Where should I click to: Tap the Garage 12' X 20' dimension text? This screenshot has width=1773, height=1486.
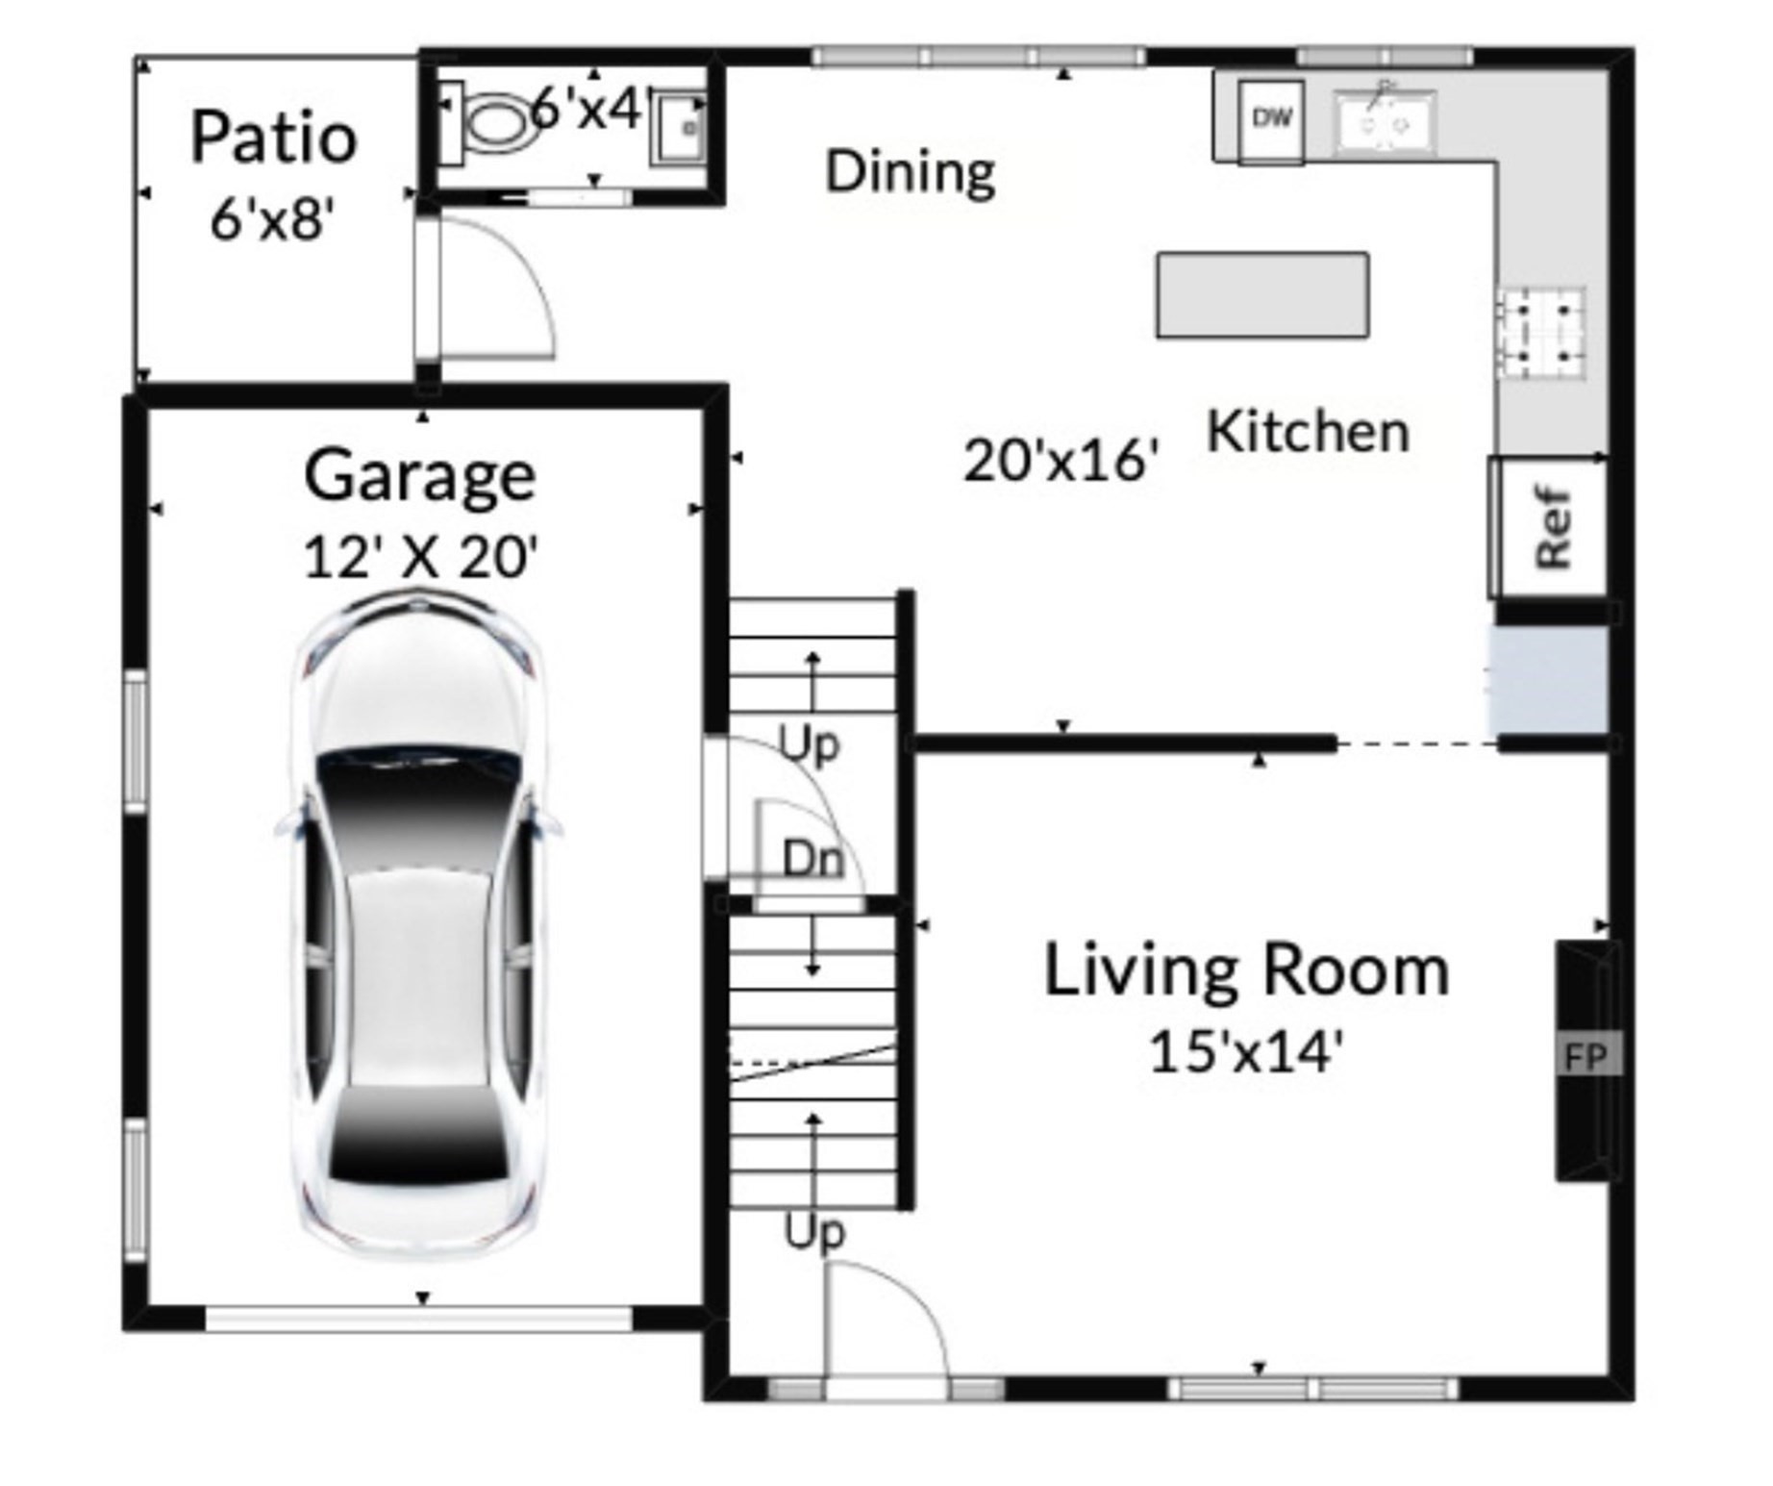(x=420, y=558)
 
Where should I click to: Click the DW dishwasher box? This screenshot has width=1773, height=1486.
(x=1270, y=120)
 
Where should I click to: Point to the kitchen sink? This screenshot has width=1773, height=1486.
(x=1385, y=123)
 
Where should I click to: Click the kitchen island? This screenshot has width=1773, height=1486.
(x=1262, y=295)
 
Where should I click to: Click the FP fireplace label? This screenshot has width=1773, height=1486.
(x=1586, y=1057)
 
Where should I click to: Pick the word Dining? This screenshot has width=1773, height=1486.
(x=910, y=173)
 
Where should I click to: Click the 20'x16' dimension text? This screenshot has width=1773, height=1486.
(x=1061, y=462)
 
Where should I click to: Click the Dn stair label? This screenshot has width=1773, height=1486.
(x=813, y=860)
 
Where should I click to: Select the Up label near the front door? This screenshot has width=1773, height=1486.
(x=814, y=1232)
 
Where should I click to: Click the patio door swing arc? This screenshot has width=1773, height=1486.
(x=500, y=289)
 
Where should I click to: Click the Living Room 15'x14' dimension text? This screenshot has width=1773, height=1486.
(x=1245, y=1051)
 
